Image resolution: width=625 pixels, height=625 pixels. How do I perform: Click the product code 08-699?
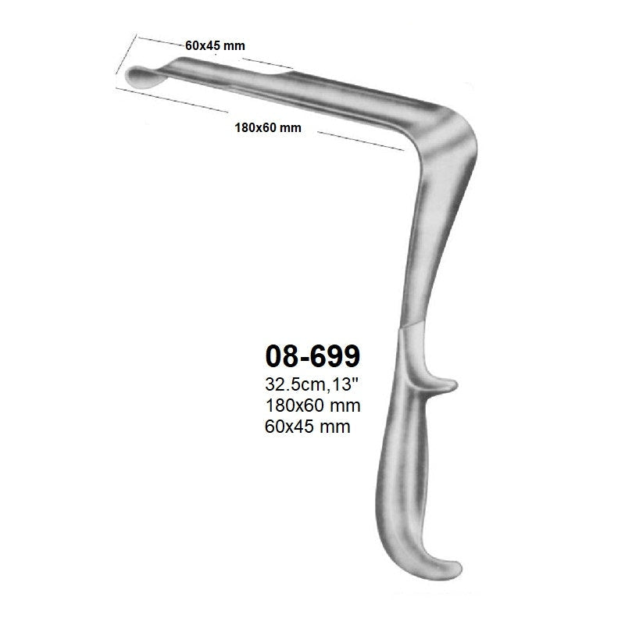coord(312,356)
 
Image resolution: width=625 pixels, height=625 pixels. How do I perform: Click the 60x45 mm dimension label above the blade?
coord(215,45)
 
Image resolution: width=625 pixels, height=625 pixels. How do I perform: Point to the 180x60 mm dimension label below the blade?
coord(267,128)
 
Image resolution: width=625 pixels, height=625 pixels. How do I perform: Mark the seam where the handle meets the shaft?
coord(414,327)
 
